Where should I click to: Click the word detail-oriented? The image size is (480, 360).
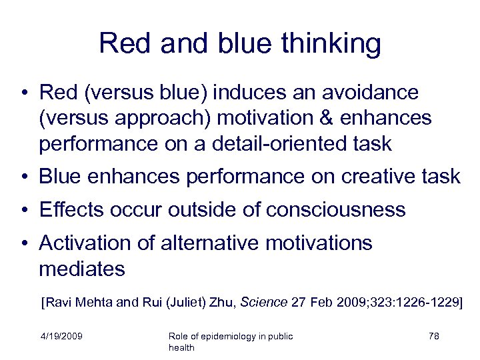[x=281, y=143]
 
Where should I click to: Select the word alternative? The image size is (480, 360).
[x=208, y=243]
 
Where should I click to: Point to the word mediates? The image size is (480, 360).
[x=82, y=269]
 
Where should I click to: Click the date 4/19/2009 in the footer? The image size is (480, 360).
[x=61, y=336]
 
